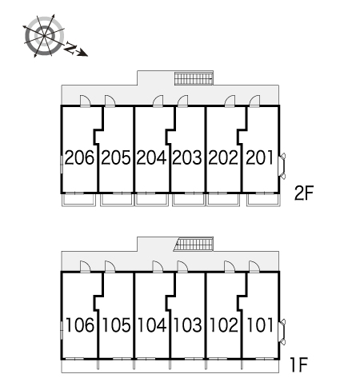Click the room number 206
[x=79, y=157]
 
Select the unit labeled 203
[x=187, y=157]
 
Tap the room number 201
[x=259, y=157]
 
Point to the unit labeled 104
[x=152, y=325]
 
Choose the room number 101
[x=260, y=325]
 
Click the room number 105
[x=116, y=325]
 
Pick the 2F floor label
[x=304, y=193]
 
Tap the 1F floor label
[x=299, y=364]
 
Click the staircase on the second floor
[x=194, y=78]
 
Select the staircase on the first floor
[x=194, y=244]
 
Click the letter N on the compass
[x=70, y=48]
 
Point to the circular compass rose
[x=44, y=36]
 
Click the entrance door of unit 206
[x=86, y=101]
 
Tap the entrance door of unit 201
[x=254, y=101]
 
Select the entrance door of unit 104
[x=158, y=266]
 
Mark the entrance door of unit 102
[x=230, y=266]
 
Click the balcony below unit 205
[x=117, y=200]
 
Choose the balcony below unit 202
[x=223, y=200]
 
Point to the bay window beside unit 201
[x=282, y=166]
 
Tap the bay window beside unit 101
[x=282, y=332]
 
